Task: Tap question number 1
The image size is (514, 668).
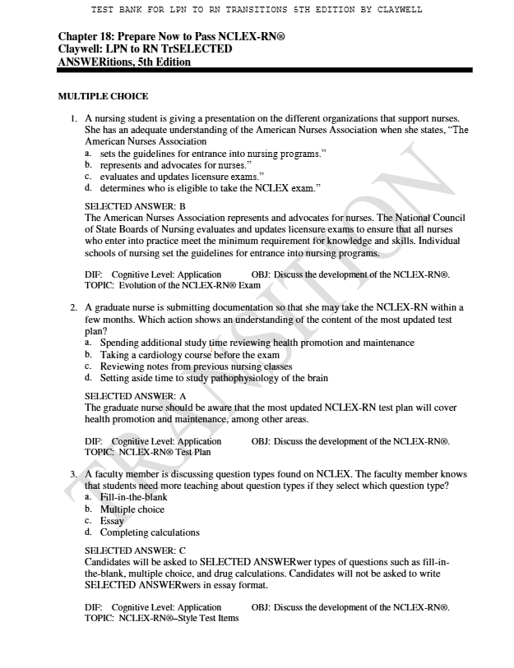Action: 75,119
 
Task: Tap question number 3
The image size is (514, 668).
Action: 75,475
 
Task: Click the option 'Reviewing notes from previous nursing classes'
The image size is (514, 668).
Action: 196,366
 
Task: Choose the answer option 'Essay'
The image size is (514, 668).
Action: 112,521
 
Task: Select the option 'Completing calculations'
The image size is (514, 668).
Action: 150,532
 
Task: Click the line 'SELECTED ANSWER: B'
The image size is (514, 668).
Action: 135,206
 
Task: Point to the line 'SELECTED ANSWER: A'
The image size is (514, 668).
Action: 135,396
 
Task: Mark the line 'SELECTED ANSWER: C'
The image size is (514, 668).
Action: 135,551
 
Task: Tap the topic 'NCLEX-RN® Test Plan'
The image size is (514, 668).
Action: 164,452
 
